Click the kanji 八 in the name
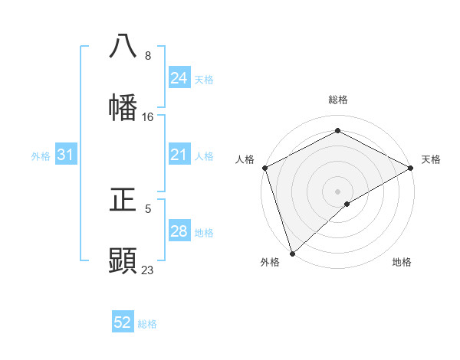123,46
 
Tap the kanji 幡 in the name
123,107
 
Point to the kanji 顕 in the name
123,260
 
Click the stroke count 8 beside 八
148,56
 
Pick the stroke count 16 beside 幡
148,117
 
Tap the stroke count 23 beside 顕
148,270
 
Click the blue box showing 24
179,78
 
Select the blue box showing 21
179,155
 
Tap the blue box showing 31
66,155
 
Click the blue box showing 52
123,323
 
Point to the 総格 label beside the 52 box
147,324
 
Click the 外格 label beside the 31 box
41,156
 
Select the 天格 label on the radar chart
432,159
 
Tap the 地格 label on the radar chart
402,262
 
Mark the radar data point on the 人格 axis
264,167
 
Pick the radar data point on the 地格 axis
347,204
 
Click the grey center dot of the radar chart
337,191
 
